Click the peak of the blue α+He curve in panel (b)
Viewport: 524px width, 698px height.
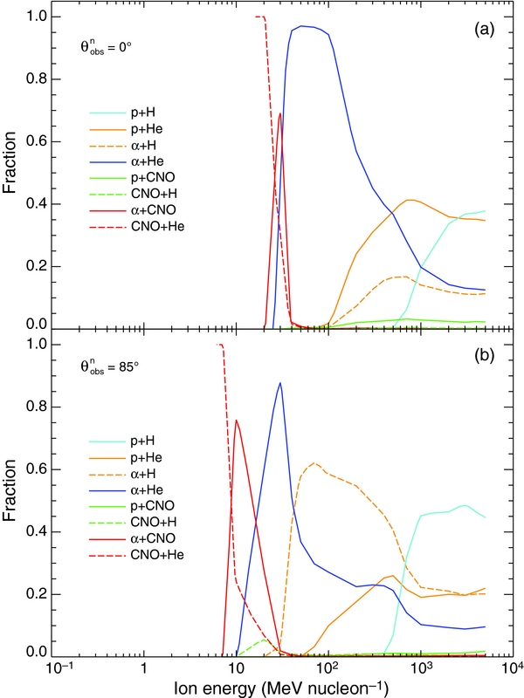279,383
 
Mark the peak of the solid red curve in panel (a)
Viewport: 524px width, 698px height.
280,113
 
